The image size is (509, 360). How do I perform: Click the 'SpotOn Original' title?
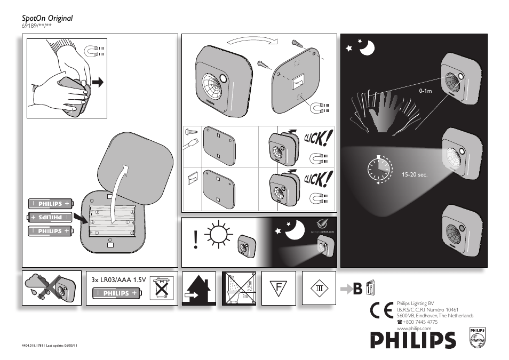pos(47,18)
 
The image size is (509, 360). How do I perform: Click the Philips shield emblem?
pos(477,338)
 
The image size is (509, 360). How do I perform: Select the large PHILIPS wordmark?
pos(414,340)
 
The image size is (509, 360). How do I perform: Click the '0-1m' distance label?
pos(425,91)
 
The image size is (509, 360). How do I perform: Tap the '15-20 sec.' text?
pos(415,174)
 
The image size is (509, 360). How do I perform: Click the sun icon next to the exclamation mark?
pos(218,235)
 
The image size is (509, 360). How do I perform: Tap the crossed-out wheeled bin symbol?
pos(161,288)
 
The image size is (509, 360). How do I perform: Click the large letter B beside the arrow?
pos(357,288)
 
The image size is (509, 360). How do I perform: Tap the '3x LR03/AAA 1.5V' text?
pos(118,279)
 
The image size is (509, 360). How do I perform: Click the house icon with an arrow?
pos(199,289)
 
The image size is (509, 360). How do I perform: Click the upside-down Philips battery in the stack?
pos(50,217)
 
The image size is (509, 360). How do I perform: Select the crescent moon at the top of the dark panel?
pos(367,49)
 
